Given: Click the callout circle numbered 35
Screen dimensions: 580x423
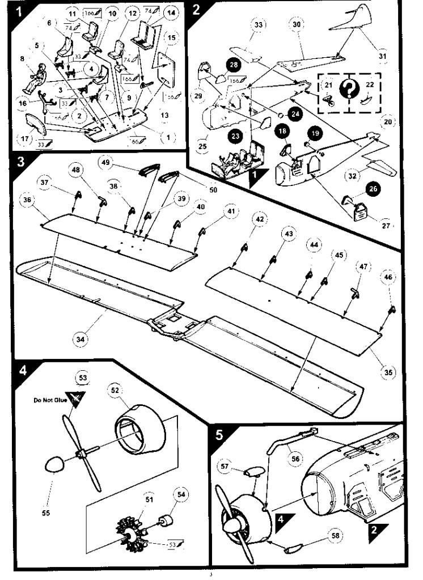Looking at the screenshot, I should [387, 372].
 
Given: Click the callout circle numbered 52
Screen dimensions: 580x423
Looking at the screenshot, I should [115, 391].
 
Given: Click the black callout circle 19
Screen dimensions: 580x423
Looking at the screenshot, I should [315, 133].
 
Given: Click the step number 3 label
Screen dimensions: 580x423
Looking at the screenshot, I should [21, 161].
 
